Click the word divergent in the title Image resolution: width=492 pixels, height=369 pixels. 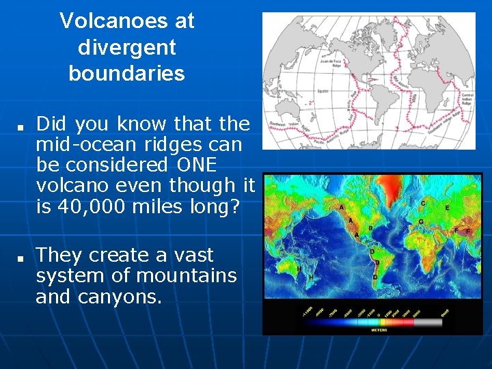[x=127, y=47]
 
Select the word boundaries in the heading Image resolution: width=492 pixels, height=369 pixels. [x=127, y=73]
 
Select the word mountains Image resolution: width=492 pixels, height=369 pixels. [x=187, y=275]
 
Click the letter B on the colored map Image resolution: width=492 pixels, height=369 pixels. [x=370, y=228]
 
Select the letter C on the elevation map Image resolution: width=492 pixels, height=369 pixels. [x=423, y=203]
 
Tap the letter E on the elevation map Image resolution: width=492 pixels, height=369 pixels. [x=448, y=207]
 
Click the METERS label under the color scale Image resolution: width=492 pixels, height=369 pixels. [x=378, y=330]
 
